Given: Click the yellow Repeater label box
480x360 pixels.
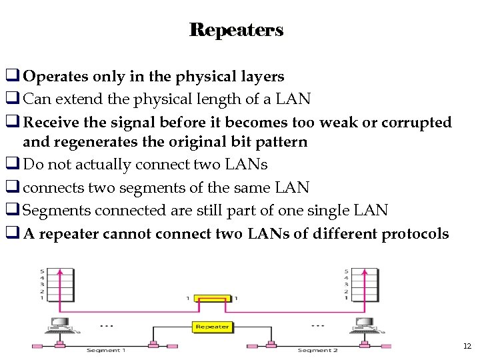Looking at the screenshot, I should (213, 327).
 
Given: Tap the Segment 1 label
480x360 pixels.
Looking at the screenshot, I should (105, 350).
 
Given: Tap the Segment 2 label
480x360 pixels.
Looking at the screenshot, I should (317, 350).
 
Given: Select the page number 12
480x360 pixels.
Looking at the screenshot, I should (466, 346).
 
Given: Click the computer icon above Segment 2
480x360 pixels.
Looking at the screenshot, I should (365, 325).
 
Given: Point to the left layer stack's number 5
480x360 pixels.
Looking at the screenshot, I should (42, 271).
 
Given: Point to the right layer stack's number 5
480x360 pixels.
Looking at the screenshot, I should (346, 271).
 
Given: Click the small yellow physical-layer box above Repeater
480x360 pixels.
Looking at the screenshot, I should (213, 298).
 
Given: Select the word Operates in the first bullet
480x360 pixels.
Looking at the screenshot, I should (56, 77).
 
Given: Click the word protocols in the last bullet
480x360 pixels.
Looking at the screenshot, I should (415, 233).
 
